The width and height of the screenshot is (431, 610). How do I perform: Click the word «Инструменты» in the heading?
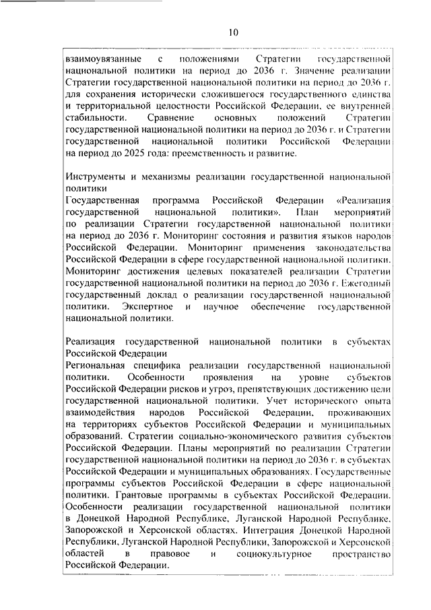[95, 177]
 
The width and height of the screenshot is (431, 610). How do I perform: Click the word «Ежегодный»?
[364, 283]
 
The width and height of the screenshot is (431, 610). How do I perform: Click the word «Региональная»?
[98, 365]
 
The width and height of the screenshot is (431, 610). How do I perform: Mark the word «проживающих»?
[358, 413]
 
